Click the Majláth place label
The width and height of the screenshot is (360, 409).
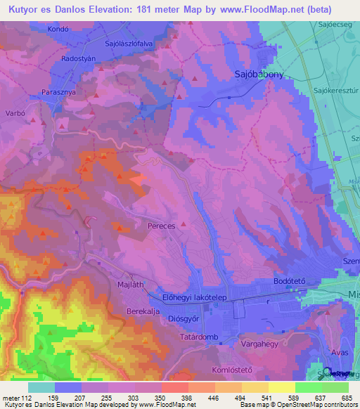click(x=130, y=285)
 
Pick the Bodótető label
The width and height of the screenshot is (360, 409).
click(x=289, y=281)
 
